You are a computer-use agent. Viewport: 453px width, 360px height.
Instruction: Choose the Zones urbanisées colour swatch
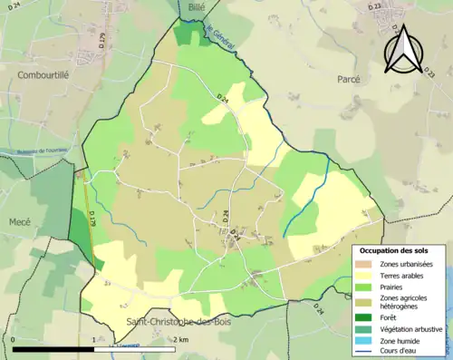click(366, 263)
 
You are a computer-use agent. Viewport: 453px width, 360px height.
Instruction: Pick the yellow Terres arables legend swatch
click(366, 275)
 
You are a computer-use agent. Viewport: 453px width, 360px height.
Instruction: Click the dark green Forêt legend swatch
click(366, 316)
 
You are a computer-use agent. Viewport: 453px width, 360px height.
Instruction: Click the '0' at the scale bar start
click(14, 340)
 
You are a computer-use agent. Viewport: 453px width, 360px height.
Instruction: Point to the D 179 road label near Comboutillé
click(101, 42)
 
